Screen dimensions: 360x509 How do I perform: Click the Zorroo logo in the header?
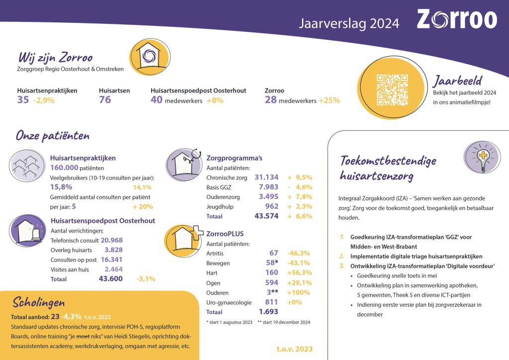[x=456, y=20]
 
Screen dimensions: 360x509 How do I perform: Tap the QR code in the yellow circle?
[x=392, y=90]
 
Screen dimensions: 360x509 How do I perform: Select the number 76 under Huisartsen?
[x=105, y=100]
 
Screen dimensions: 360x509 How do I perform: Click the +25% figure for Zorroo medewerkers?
[x=329, y=100]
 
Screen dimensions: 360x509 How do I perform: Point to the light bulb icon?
[x=482, y=157]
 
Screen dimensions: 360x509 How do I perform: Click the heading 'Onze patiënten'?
[x=53, y=136]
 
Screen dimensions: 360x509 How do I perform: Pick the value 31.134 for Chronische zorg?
[x=266, y=178]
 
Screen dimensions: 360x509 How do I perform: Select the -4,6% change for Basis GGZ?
[x=300, y=187]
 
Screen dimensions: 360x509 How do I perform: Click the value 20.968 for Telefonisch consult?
[x=111, y=240]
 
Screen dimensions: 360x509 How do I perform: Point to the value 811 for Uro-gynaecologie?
[x=271, y=302]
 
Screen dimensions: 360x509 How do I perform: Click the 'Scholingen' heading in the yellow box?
[x=39, y=303]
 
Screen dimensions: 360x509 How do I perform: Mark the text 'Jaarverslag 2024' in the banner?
[x=348, y=23]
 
